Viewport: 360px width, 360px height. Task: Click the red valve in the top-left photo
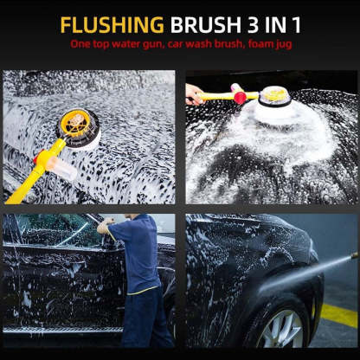click(x=41, y=157)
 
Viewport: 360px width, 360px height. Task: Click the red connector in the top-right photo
click(x=239, y=97)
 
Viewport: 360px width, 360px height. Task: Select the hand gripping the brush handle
click(x=195, y=93)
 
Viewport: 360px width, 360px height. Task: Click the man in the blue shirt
click(x=137, y=268)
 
